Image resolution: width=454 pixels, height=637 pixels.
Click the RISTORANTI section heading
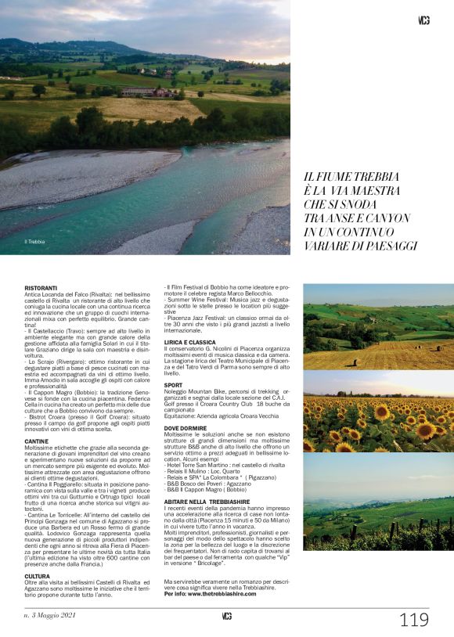pos(41,288)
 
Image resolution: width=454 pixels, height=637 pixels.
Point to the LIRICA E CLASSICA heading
pos(189,342)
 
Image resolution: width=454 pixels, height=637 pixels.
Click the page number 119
pos(413,620)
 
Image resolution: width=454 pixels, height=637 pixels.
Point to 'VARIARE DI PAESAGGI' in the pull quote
pos(361,246)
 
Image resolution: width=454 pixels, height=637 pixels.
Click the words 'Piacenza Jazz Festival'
pos(200,318)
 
